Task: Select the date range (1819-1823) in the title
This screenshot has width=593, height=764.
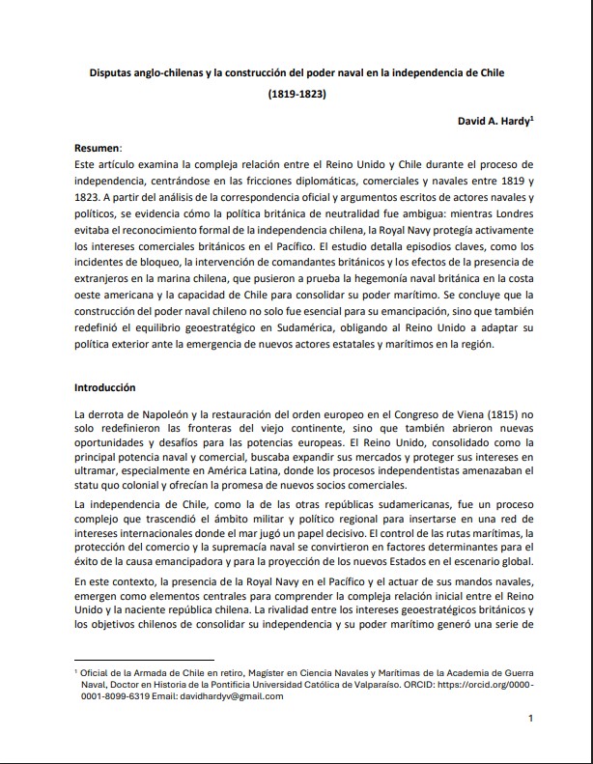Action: (296, 96)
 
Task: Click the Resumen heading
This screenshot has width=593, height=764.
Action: (98, 147)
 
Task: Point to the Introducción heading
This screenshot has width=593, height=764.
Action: (105, 387)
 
